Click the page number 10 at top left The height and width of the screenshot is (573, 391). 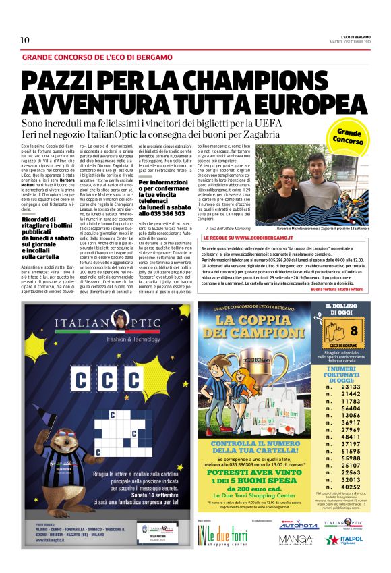(25, 40)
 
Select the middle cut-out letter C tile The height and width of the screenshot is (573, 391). (111, 379)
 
